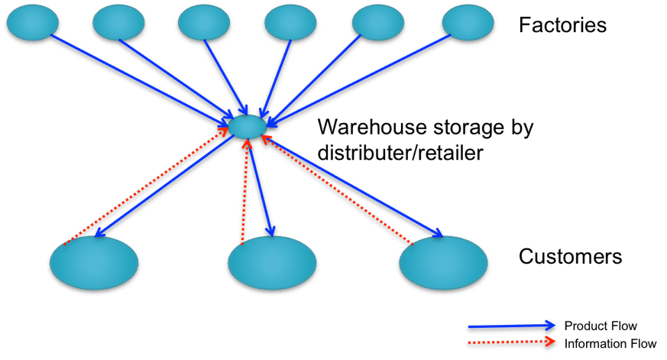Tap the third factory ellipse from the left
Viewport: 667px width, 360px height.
203,23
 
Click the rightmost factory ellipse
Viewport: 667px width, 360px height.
468,23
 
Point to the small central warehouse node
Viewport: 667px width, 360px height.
247,126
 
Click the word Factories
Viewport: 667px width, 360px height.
562,25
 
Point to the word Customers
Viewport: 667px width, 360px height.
570,256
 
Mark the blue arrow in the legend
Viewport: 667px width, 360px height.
512,326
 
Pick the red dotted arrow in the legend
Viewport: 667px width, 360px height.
512,342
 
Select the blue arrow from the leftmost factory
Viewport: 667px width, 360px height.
138,76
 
